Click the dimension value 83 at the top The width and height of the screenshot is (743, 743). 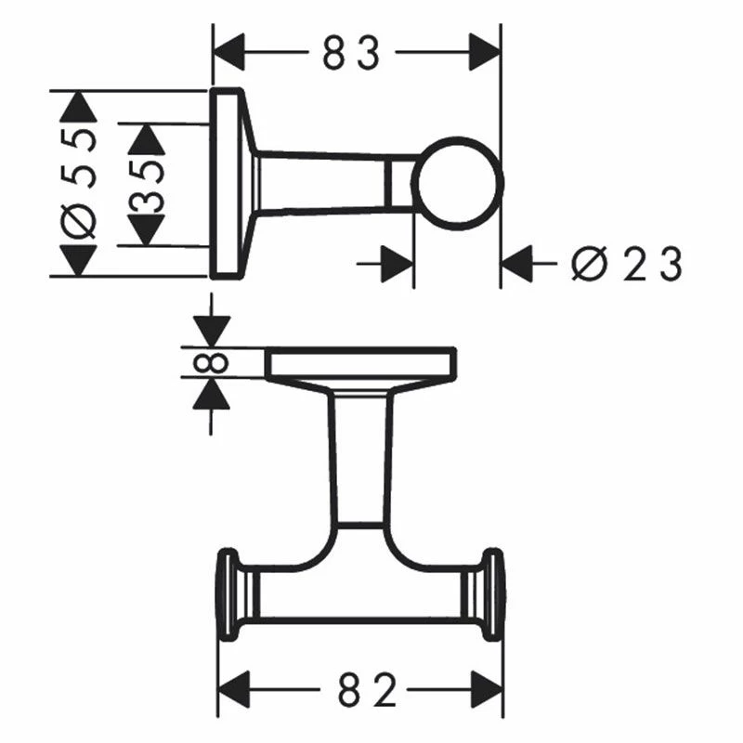pyautogui.click(x=352, y=54)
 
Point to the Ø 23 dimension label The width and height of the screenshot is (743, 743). pyautogui.click(x=627, y=266)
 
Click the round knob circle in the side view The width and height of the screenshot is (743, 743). pyautogui.click(x=457, y=183)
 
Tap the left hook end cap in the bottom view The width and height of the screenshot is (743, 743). pyautogui.click(x=227, y=595)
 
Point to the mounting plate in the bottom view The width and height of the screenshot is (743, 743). pyautogui.click(x=360, y=363)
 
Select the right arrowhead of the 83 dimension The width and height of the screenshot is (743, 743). pyautogui.click(x=484, y=52)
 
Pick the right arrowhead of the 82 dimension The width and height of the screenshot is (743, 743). pyautogui.click(x=487, y=689)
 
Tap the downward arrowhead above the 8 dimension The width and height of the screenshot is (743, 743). pyautogui.click(x=213, y=331)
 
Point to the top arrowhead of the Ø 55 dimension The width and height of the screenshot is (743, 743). pyautogui.click(x=78, y=106)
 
